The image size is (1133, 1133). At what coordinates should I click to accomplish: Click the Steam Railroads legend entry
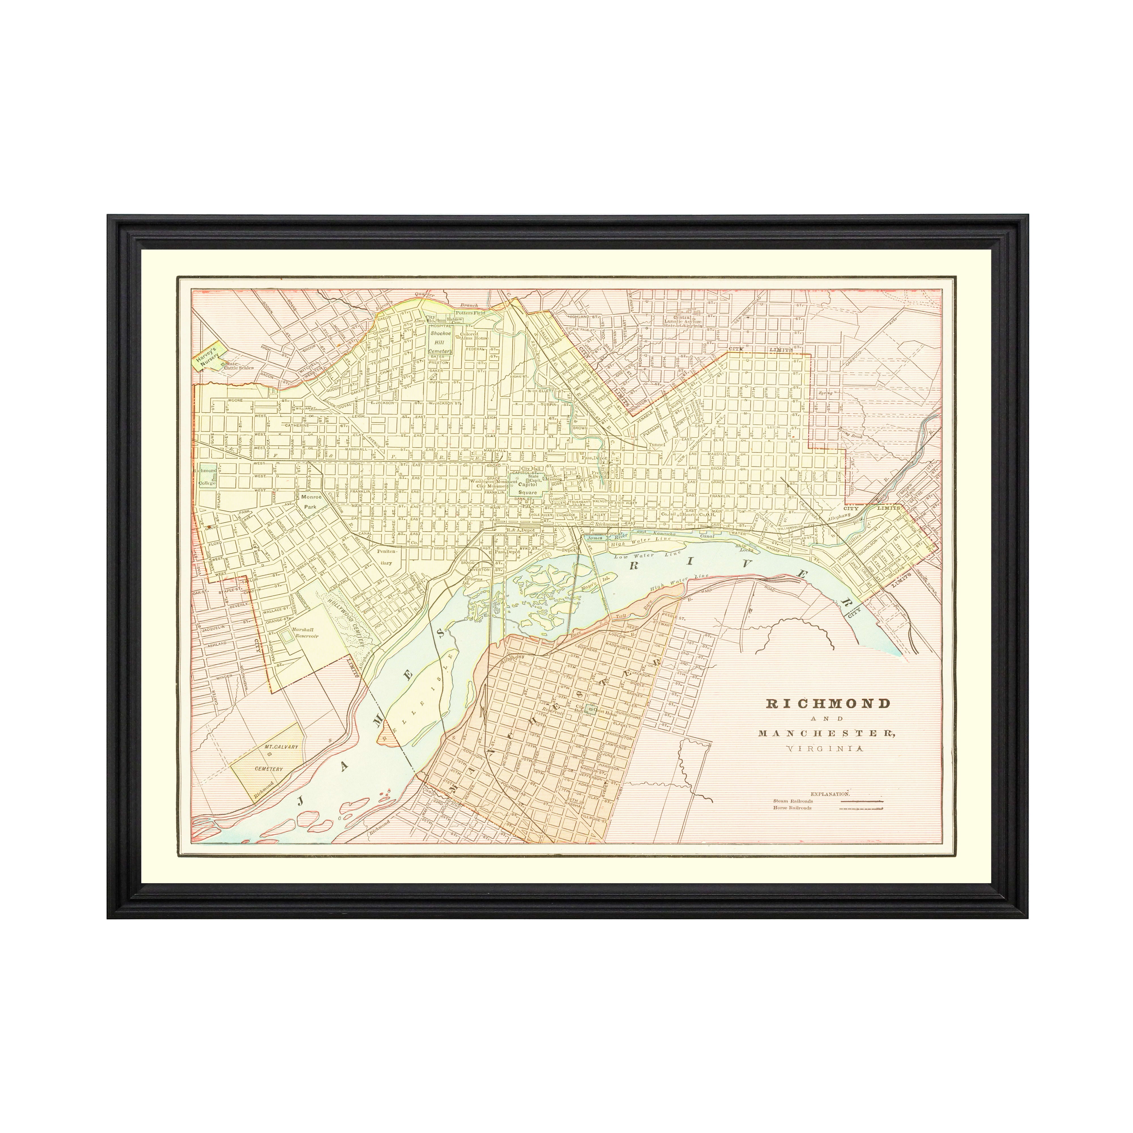pyautogui.click(x=793, y=800)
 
